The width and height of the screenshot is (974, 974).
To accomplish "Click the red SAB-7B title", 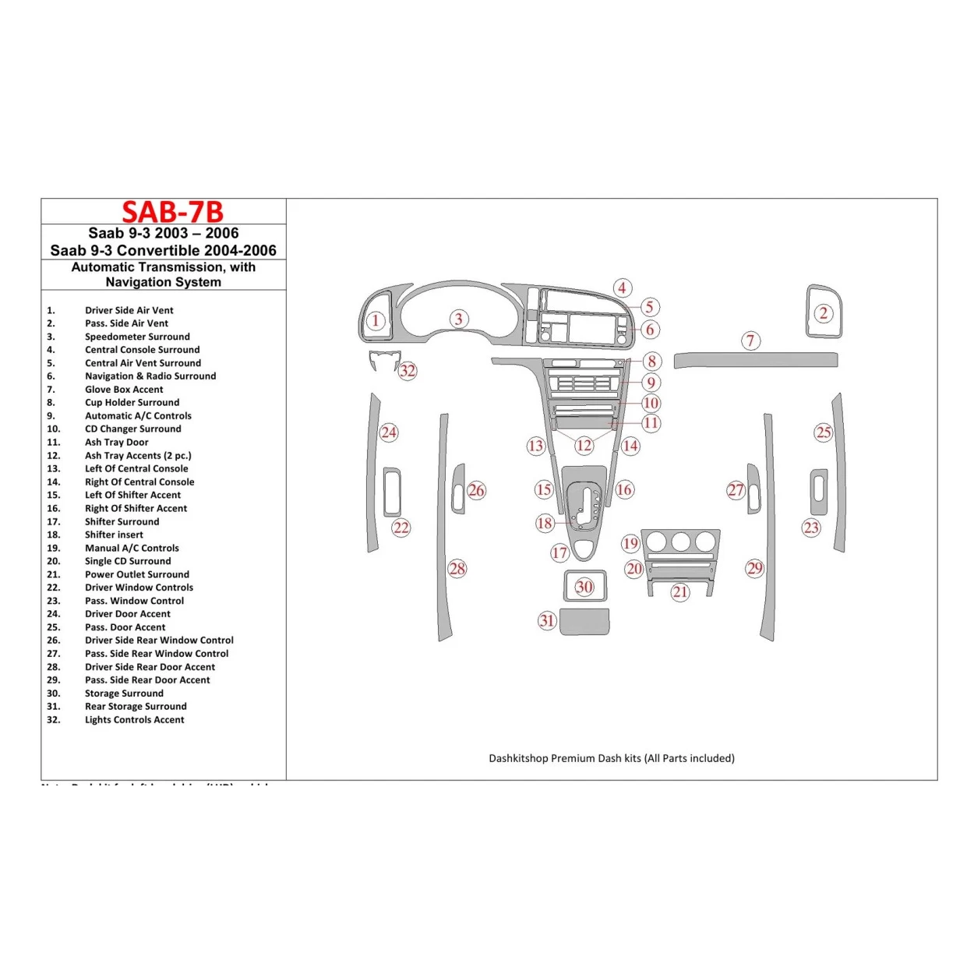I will pyautogui.click(x=172, y=212).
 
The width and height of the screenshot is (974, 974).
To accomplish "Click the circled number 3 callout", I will pyautogui.click(x=459, y=319).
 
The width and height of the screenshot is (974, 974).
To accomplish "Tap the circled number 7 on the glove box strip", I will pyautogui.click(x=750, y=341).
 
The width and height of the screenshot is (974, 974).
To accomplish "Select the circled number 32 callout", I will pyautogui.click(x=408, y=371).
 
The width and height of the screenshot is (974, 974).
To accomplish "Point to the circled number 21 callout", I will pyautogui.click(x=680, y=592).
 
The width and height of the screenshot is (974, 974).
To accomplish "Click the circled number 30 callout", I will pyautogui.click(x=584, y=587).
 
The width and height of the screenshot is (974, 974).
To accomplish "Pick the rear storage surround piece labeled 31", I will pyautogui.click(x=584, y=622).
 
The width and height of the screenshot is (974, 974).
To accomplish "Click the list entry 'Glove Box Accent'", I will pyautogui.click(x=124, y=390).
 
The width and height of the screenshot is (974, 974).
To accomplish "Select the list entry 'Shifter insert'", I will pyautogui.click(x=114, y=535).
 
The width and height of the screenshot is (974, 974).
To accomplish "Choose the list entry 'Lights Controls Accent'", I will pyautogui.click(x=134, y=720).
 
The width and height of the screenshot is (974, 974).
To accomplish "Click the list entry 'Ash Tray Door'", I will pyautogui.click(x=116, y=442).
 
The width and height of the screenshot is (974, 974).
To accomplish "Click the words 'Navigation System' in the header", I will pyautogui.click(x=163, y=282).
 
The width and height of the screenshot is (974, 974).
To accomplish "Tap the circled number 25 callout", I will pyautogui.click(x=824, y=432).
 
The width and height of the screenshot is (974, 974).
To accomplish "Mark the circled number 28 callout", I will pyautogui.click(x=457, y=569).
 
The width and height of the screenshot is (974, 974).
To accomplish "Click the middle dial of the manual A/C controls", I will pyautogui.click(x=681, y=542).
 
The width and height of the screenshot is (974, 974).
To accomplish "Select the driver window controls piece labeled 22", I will pyautogui.click(x=392, y=492).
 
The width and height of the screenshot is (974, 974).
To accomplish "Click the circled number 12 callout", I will pyautogui.click(x=584, y=446).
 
